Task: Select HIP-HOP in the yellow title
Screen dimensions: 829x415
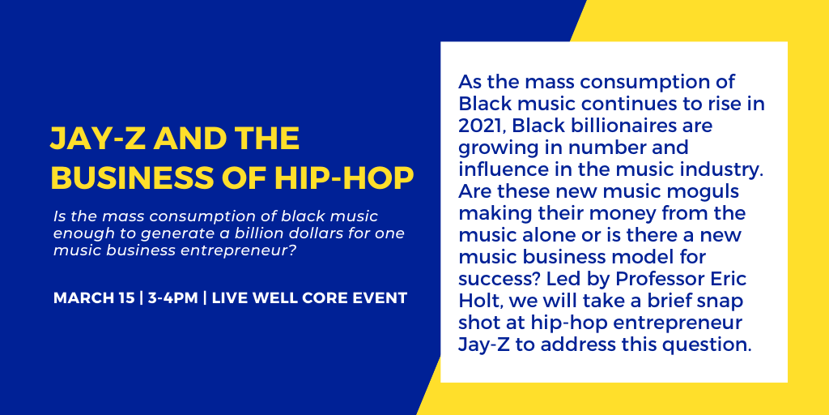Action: pyautogui.click(x=343, y=178)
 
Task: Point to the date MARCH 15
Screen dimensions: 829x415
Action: pyautogui.click(x=94, y=298)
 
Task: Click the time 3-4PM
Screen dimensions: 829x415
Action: pyautogui.click(x=173, y=298)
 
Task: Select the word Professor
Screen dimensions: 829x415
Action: pyautogui.click(x=658, y=279)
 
